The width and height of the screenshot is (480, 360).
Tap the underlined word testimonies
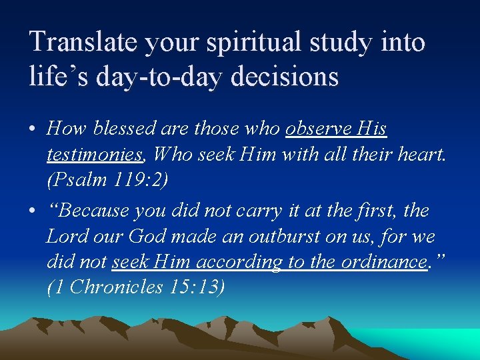coord(95,154)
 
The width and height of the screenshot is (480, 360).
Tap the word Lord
coord(67,237)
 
